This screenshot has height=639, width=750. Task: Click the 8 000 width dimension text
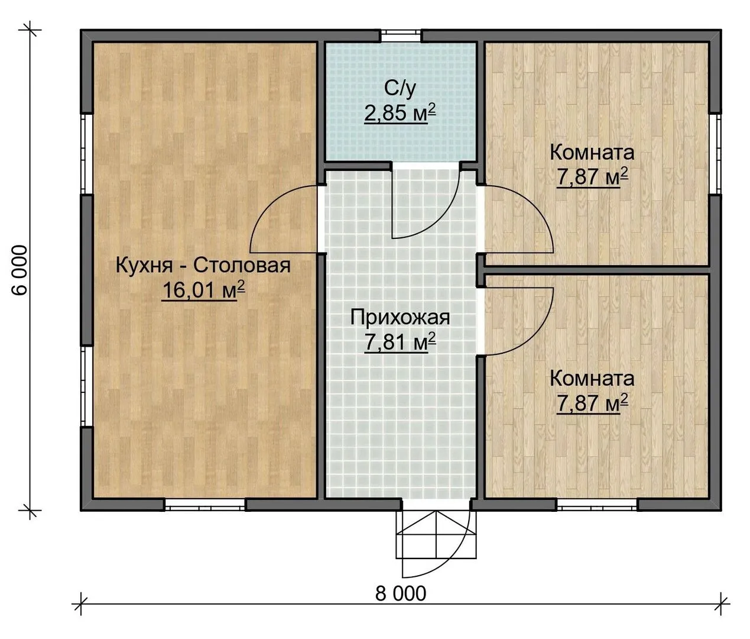coord(400,594)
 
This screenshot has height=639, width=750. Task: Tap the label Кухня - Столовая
coord(203,266)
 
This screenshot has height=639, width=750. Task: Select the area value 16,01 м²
coord(203,290)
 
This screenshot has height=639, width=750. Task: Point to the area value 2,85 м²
coord(400,114)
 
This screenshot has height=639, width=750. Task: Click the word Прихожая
coord(400,318)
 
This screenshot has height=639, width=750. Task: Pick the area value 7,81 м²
coord(400,342)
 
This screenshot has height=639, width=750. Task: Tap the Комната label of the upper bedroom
coord(592,153)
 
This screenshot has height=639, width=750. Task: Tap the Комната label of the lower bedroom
coord(592,379)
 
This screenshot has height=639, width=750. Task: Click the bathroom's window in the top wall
coord(401,36)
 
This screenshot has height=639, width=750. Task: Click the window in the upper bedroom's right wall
coord(715,154)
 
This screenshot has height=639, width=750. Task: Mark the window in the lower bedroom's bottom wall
coord(597,505)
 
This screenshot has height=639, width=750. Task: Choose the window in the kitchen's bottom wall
coord(205,505)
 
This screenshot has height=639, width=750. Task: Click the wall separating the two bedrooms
coord(596,270)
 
